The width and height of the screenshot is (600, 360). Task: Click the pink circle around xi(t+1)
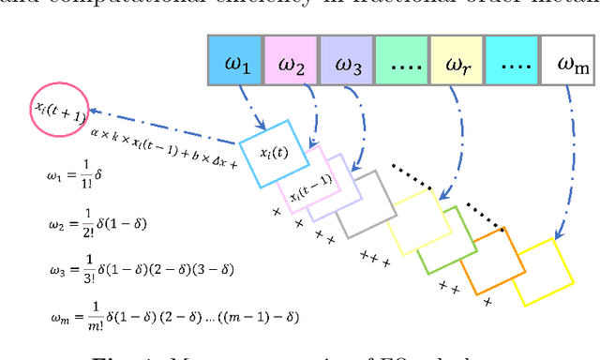point(60,106)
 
